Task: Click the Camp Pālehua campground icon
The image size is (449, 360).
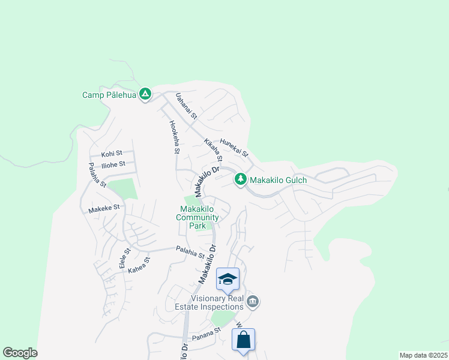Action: [145, 94]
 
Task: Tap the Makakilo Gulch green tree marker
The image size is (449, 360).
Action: [240, 179]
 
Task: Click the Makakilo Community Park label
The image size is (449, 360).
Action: [193, 217]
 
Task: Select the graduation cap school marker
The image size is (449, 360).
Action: [228, 279]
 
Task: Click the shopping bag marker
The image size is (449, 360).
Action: [243, 340]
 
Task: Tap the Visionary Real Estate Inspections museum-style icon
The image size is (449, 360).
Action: [253, 301]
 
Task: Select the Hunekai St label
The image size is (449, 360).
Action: [234, 147]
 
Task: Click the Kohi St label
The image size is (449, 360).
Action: [112, 154]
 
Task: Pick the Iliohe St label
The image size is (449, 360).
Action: [113, 164]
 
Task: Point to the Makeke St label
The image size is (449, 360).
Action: [104, 208]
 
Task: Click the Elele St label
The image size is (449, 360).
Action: [124, 259]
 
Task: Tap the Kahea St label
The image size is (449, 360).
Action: [139, 266]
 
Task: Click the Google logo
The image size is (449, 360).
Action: [20, 353]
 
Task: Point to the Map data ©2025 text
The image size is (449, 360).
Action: [423, 355]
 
